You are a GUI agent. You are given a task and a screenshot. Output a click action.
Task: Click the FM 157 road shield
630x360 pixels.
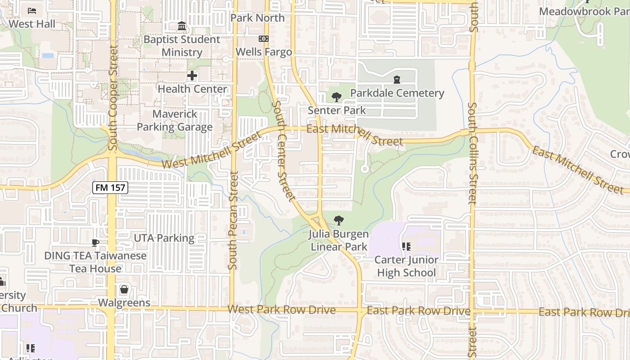pos(111,188)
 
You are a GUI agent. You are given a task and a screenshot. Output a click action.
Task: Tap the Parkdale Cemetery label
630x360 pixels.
pos(397,93)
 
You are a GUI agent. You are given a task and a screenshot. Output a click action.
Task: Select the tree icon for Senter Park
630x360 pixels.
pos(336,97)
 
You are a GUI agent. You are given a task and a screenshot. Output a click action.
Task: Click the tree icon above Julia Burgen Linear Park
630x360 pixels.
pos(339,220)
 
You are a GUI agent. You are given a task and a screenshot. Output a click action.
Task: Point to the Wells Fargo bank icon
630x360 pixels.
pos(263,39)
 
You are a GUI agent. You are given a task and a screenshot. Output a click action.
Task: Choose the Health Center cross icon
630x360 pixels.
pos(192,76)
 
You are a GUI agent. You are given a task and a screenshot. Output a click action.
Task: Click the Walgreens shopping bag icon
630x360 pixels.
pos(124,289)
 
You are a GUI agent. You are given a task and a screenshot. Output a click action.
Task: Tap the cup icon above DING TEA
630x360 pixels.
pos(95,243)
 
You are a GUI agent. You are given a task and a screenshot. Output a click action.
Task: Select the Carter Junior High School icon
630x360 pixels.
pos(406,247)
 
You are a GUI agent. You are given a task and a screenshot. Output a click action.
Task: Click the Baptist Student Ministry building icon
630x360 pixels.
pos(182,26)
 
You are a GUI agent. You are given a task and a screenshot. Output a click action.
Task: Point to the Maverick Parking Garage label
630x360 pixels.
pos(175,121)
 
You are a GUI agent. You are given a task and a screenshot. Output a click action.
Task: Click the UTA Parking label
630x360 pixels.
pos(164,238)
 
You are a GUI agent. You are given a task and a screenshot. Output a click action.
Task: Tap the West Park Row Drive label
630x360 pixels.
pos(281,310)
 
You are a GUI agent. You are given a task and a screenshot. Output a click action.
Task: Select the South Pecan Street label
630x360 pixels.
pos(233,220)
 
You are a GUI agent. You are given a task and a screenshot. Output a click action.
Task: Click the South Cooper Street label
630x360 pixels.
pos(112,98)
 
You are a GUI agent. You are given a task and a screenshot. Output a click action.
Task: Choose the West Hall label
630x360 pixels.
pos(32,24)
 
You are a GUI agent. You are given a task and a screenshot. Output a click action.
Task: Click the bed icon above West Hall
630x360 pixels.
pos(32,10)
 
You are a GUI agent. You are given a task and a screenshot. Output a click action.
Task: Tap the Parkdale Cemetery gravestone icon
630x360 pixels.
pos(397,80)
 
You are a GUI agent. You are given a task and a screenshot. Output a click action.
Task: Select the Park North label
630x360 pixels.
pos(257,18)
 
